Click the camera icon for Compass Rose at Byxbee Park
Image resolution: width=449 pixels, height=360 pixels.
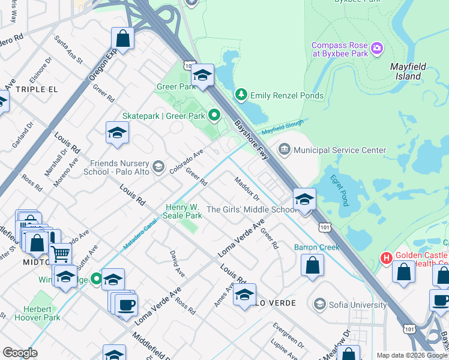click(x=377, y=48)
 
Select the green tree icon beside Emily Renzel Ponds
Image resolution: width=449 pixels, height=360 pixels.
click(x=241, y=95)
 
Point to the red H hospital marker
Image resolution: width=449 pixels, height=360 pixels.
click(x=387, y=258)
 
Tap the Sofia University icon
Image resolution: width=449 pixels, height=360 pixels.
click(x=319, y=304)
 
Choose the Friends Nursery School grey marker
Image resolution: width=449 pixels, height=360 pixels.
click(x=158, y=167)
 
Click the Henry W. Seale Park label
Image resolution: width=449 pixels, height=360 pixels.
click(x=184, y=211)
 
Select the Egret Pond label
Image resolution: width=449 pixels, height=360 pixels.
click(x=339, y=190)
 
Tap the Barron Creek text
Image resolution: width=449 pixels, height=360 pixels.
click(x=316, y=247)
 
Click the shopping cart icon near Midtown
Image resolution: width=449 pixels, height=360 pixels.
click(x=60, y=254)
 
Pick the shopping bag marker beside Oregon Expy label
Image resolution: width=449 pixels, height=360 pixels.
click(x=122, y=39)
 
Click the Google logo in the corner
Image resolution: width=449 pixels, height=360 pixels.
click(x=20, y=352)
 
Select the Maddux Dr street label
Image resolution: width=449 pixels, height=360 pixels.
click(x=247, y=188)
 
